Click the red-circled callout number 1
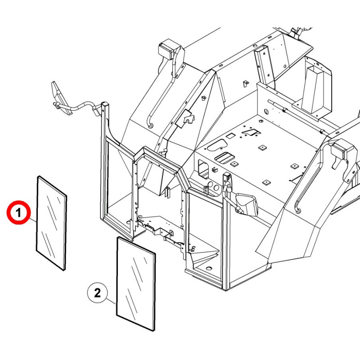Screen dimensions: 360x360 click(x=18, y=212)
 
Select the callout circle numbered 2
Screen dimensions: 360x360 click(x=97, y=293)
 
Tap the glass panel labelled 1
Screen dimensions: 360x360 click(x=51, y=223)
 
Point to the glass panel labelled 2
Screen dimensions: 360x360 click(x=136, y=284)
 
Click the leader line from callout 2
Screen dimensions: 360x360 click(x=111, y=301)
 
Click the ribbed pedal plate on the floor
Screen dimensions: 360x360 click(x=224, y=157)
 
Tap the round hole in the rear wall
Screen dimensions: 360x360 click(x=266, y=112)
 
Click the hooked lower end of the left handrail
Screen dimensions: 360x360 click(x=151, y=126)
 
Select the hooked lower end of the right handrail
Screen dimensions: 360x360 click(x=297, y=210)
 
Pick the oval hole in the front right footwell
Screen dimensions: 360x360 click(x=208, y=268)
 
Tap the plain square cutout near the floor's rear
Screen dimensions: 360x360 click(x=229, y=135)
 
